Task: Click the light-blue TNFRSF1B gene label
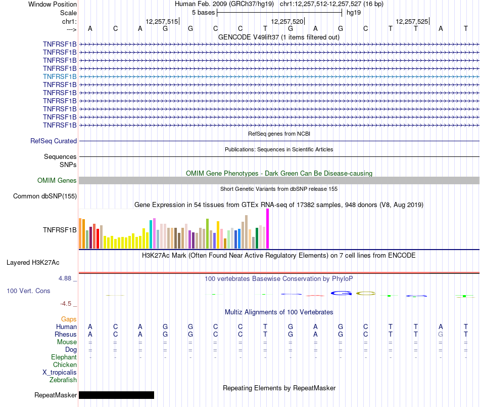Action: (60, 76)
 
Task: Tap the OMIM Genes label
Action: (57, 181)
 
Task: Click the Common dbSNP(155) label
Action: (45, 196)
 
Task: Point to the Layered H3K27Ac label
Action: (33, 263)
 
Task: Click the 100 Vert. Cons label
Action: (28, 291)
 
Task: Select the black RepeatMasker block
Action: (116, 395)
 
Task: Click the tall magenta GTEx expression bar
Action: (267, 229)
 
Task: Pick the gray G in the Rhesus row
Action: (441, 335)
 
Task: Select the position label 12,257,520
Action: (287, 22)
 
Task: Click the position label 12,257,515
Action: (162, 22)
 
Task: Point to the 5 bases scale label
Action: (203, 12)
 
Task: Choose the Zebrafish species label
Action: (63, 380)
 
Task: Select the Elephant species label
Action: (64, 357)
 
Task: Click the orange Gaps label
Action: (69, 319)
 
